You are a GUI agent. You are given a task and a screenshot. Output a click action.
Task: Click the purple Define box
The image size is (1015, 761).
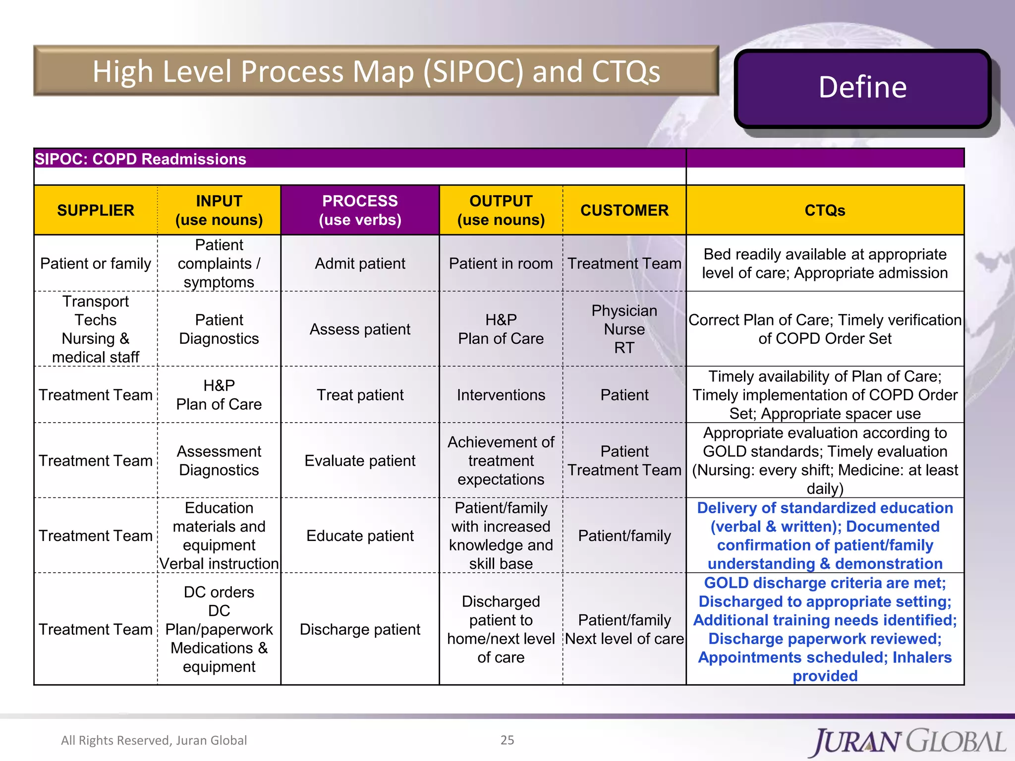(862, 88)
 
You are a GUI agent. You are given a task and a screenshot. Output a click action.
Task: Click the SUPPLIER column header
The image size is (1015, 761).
(96, 210)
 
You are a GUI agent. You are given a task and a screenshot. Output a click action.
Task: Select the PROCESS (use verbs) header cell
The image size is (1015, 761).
(360, 210)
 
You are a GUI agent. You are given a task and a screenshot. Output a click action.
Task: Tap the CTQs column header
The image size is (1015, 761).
(825, 210)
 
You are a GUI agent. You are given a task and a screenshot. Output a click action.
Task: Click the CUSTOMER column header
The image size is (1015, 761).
(624, 210)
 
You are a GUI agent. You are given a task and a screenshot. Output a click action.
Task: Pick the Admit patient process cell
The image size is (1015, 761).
(360, 264)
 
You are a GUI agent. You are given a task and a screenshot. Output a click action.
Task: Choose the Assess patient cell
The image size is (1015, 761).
(360, 329)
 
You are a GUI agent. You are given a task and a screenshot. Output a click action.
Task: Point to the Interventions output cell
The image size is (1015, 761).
(501, 395)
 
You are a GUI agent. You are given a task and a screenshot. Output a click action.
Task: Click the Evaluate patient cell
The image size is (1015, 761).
(360, 461)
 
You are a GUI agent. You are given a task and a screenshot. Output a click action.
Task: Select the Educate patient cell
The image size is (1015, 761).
(360, 536)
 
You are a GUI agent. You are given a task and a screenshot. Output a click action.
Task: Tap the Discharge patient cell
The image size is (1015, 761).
(360, 629)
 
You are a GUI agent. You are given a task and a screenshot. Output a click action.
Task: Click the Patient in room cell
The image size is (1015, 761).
(501, 264)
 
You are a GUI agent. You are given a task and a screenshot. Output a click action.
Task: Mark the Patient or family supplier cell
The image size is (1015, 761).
(96, 264)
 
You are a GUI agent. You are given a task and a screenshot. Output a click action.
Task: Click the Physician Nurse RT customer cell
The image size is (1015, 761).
(624, 329)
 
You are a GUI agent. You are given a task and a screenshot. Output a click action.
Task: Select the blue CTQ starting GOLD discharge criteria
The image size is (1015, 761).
(825, 629)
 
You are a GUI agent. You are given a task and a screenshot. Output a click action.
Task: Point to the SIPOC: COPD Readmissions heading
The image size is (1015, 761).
(140, 159)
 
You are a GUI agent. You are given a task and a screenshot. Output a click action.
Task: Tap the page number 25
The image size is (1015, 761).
(507, 740)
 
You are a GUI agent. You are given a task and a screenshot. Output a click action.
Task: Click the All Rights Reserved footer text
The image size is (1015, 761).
(154, 740)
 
